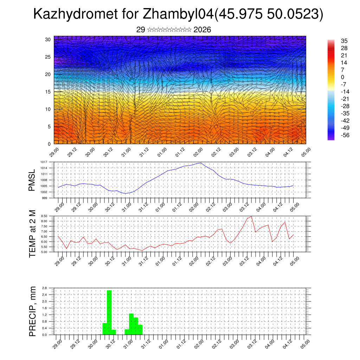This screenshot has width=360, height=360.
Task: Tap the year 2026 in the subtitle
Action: [202, 30]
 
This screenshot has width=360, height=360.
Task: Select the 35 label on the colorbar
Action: [344, 41]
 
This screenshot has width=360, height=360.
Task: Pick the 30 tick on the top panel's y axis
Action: [48, 39]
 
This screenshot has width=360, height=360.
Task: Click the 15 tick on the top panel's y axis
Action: [48, 92]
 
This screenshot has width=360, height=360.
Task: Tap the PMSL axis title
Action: [32, 180]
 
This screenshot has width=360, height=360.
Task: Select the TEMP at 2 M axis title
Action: [32, 233]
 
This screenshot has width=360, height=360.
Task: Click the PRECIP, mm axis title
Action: [32, 311]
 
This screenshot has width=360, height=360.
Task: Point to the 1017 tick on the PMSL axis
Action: [44, 162]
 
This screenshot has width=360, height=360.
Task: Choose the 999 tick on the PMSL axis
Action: [44, 198]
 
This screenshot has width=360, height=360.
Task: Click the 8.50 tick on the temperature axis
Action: [44, 216]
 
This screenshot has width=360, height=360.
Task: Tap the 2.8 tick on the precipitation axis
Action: [45, 288]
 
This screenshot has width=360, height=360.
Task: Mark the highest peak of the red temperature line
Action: [251, 216]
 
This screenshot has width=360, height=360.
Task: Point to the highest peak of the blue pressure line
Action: [200, 163]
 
